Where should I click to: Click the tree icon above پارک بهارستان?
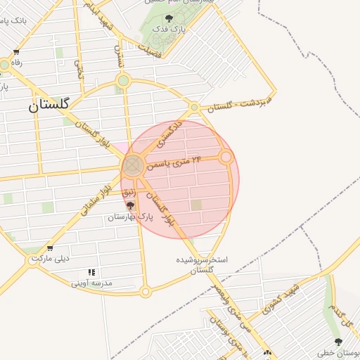tap(130, 206)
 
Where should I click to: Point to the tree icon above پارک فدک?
tap(168, 19)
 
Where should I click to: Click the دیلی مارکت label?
tap(50, 259)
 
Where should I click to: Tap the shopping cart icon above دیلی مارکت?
tap(50, 247)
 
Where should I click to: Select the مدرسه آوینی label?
tap(92, 283)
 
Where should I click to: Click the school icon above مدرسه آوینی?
tap(91, 272)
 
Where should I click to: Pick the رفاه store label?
tap(15, 63)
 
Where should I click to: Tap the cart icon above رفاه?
tap(15, 52)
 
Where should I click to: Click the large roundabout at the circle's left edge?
tap(132, 167)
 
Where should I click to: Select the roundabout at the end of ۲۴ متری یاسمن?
tap(226, 157)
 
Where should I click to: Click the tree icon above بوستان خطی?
tap(338, 342)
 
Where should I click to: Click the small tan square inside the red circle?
tap(197, 205)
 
